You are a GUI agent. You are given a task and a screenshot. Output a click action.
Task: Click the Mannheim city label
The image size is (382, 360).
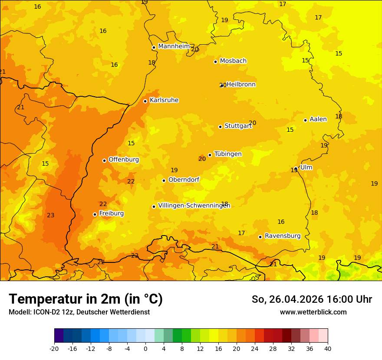coord(174,46)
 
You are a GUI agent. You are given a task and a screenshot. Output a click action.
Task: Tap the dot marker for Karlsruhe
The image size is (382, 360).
coord(145,101)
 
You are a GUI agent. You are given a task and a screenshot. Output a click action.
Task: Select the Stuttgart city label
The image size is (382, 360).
coord(238,126)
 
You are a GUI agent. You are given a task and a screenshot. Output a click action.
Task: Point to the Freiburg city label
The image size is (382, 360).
coord(111,213)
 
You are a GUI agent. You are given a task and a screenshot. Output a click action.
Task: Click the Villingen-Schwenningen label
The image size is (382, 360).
coord(194,206)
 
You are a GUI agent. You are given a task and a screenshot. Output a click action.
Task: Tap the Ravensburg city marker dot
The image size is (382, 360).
coord(260,237)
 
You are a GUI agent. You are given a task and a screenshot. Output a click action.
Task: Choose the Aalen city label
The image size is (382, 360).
coord(318,119)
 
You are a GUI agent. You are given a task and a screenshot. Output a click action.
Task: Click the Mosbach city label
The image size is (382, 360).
coord(233,61)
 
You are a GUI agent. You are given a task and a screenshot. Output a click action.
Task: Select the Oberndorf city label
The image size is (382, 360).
coord(184,180)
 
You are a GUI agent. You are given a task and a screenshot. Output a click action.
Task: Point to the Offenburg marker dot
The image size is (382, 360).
coord(104,160)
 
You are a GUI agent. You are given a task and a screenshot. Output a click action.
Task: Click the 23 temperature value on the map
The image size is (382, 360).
coord(51,216)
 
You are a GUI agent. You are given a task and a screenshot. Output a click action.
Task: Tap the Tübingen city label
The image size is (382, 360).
coord(227,154)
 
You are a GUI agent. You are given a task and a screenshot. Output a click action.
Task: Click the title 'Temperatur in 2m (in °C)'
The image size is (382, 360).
coord(86,299)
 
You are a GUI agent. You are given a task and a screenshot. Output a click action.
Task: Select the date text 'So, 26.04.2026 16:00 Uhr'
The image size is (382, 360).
coord(312,299)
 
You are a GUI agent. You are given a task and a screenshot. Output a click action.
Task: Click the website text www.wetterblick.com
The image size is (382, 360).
coord(313,312)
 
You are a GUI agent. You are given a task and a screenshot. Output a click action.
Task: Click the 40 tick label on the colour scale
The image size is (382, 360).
coord(327,348)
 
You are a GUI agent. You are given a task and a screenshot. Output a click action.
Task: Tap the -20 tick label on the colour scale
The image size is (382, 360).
coord(54,348)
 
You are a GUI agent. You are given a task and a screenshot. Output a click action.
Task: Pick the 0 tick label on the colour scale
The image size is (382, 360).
coord(145,348)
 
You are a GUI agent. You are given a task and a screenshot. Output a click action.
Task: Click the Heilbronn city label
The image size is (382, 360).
coord(241,85)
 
